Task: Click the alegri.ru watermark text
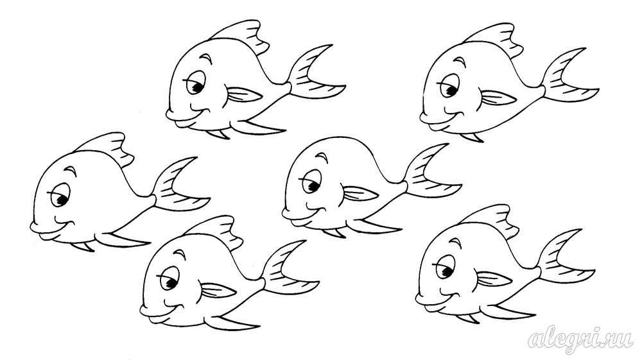(x=580, y=339)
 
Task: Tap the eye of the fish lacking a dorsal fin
(x=311, y=183)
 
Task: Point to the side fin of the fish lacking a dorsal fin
(x=359, y=194)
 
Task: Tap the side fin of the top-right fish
(x=498, y=98)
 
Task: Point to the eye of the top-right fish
(x=449, y=87)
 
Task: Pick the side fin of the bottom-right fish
(x=494, y=279)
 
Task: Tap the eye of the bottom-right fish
(x=445, y=267)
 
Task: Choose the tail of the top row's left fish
(x=315, y=74)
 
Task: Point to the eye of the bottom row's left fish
(x=169, y=279)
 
